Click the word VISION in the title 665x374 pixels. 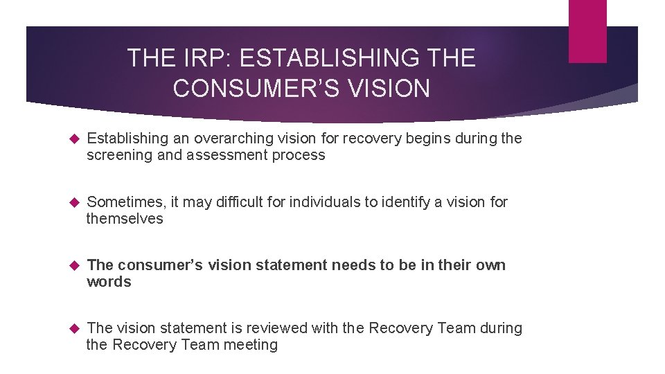pos(389,89)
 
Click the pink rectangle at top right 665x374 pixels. pos(587,31)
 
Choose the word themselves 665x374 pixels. pos(125,219)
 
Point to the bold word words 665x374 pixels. pos(109,282)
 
